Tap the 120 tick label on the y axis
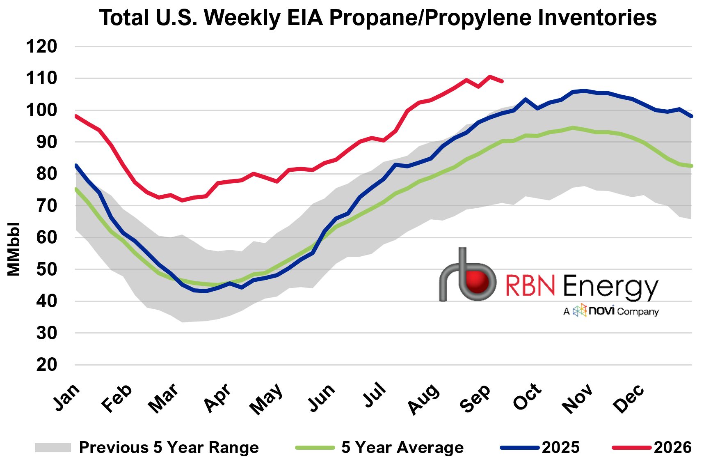41,46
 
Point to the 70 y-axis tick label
47,205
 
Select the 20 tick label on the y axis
47,365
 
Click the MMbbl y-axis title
14,249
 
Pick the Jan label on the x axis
66,397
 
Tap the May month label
267,399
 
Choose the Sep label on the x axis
475,398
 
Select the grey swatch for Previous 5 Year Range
53,447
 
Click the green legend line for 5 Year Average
315,447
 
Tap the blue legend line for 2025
520,447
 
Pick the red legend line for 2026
632,447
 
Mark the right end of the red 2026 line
502,81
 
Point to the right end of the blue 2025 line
692,116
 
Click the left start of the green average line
76,189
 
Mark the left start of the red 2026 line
76,116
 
